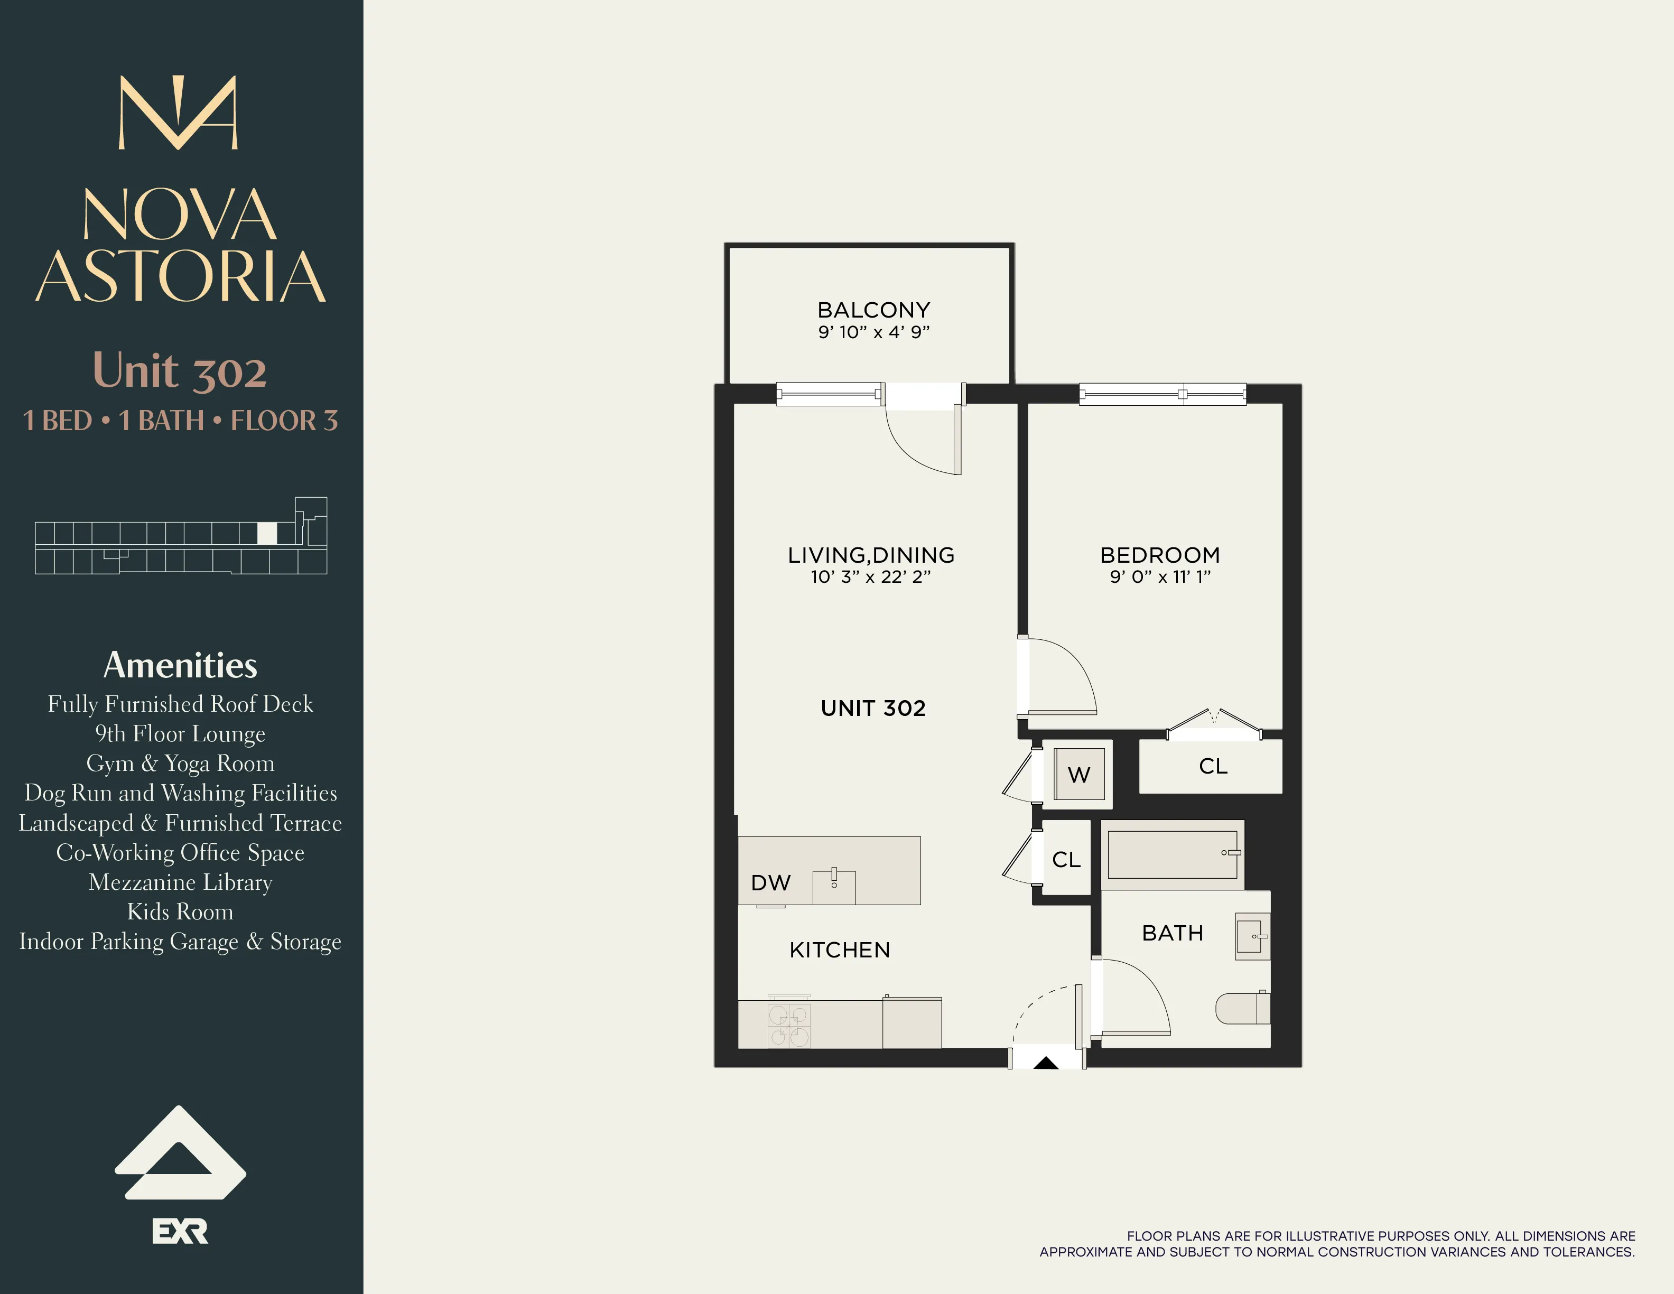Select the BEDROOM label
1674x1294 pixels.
[1160, 555]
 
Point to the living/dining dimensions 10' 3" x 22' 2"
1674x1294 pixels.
[871, 576]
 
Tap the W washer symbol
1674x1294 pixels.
[1078, 774]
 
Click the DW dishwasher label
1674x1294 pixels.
[770, 882]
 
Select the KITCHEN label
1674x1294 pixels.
[839, 950]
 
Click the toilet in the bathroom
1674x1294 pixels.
[1242, 1008]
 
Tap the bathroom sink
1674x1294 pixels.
[1252, 936]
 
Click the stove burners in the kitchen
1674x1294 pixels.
[789, 1026]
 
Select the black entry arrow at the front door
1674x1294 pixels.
[1046, 1063]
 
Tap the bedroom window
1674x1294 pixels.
[1162, 395]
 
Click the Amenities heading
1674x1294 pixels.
[180, 665]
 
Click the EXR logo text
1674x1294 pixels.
[180, 1231]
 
